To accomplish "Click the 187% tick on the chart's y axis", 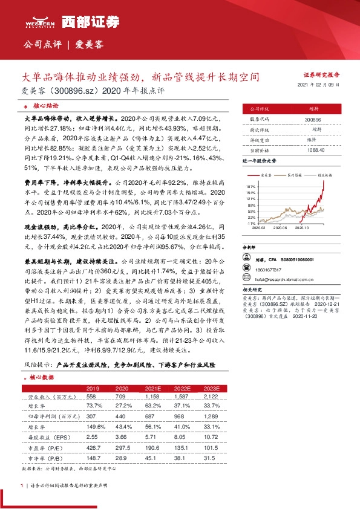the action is pyautogui.click(x=252, y=187).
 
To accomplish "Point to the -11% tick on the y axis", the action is pyautogui.click(x=252, y=223).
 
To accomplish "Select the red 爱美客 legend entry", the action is pyautogui.click(x=264, y=175).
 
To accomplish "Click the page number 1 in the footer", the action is pyautogui.click(x=22, y=485).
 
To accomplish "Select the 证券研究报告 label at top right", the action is pyautogui.click(x=321, y=74).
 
